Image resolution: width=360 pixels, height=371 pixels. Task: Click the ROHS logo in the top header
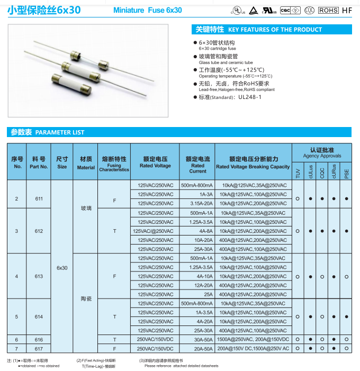pyautogui.click(x=329, y=10)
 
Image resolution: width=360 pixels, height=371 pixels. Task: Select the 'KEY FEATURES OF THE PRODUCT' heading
pyautogui.click(x=274, y=30)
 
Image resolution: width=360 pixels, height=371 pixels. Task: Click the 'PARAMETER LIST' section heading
pyautogui.click(x=59, y=132)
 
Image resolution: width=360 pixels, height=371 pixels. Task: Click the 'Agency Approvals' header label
pyautogui.click(x=322, y=156)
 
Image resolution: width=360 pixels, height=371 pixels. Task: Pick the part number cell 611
pyautogui.click(x=39, y=198)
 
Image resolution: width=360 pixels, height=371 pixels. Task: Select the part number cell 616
pyautogui.click(x=39, y=339)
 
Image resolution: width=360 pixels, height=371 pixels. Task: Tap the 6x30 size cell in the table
pyautogui.click(x=62, y=267)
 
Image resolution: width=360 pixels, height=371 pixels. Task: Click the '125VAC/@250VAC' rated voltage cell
pyautogui.click(x=155, y=231)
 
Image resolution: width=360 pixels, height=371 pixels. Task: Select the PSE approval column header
pyautogui.click(x=346, y=173)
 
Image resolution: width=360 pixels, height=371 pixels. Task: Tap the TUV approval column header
pyautogui.click(x=298, y=173)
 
